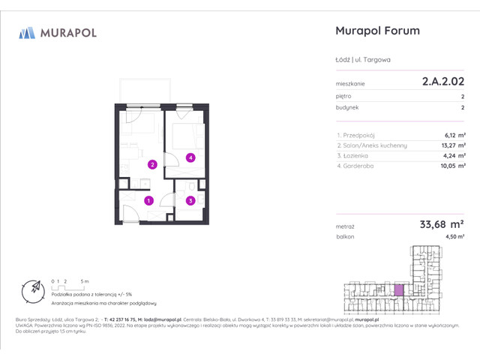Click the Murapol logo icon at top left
click(27, 32)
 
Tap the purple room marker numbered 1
click(148, 200)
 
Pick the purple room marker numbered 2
click(151, 165)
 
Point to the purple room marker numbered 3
click(191, 200)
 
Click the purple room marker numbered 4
click(191, 157)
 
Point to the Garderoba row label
click(360, 166)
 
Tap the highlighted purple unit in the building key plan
click(400, 289)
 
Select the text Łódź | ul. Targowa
click(363, 59)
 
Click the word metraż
click(346, 224)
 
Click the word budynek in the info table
click(348, 107)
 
